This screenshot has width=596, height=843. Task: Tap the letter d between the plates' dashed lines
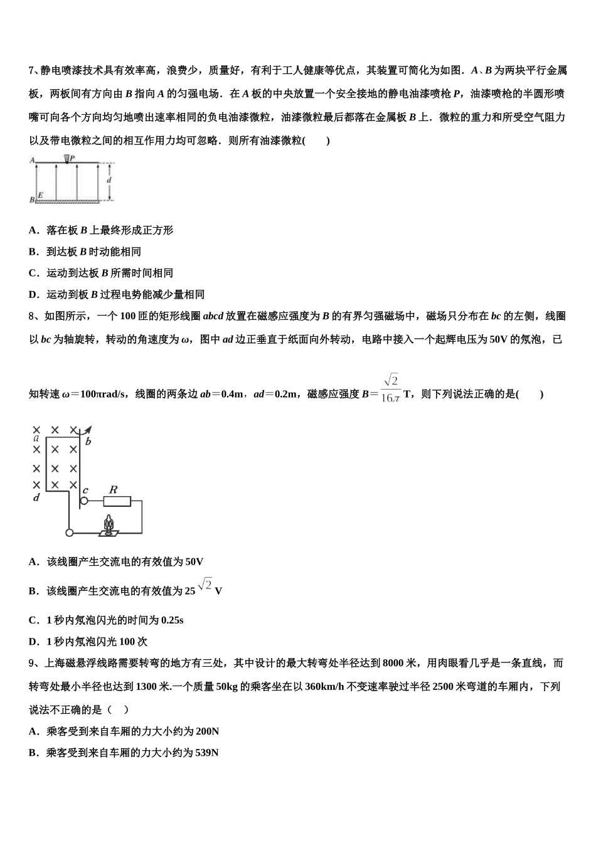[x=109, y=181]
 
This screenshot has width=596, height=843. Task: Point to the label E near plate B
[x=41, y=196]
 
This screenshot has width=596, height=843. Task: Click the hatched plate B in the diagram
[x=67, y=202]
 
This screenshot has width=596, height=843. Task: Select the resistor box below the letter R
[x=117, y=501]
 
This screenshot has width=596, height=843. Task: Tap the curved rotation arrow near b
[x=87, y=430]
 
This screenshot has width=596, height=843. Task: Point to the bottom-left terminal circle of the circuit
[x=69, y=533]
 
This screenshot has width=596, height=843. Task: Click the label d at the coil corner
[x=36, y=497]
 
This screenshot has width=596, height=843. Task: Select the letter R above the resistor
[x=114, y=489]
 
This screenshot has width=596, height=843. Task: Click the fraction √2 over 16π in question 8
[x=390, y=389]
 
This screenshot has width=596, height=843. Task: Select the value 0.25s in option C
[x=172, y=620]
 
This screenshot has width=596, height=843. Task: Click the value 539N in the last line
[x=206, y=753]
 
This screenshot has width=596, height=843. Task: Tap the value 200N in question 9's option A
[x=206, y=731]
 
